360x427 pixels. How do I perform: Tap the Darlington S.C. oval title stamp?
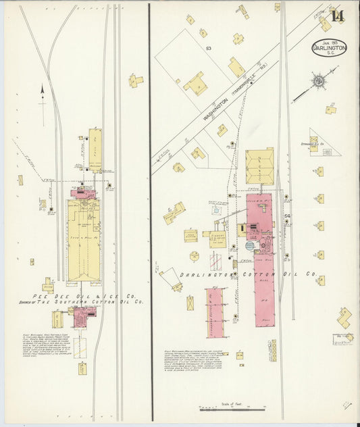point(330,48)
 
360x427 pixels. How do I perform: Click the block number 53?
point(209,49)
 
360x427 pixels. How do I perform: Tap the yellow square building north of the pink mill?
point(259,167)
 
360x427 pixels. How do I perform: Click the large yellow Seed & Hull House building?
point(83,240)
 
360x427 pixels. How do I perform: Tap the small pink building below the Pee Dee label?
point(83,316)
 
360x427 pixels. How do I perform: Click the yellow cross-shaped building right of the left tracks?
point(136,81)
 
